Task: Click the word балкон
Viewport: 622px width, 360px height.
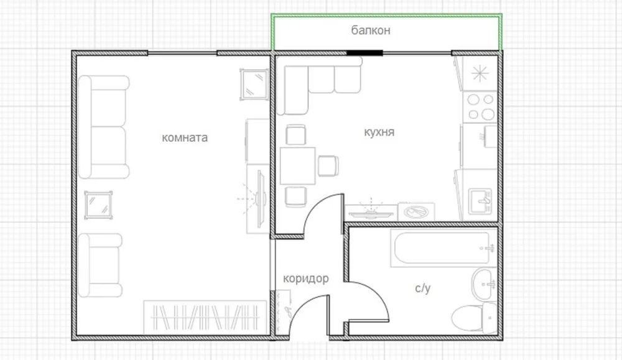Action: tap(371, 30)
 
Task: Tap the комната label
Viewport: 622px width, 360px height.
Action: tap(185, 137)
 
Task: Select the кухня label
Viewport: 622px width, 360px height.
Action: tap(379, 132)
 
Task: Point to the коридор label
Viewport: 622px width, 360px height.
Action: tap(306, 279)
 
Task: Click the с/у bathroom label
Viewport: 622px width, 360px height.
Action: tap(422, 288)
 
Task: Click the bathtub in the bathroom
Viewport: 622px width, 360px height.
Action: tap(443, 248)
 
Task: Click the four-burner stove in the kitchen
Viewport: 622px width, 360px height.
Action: tap(480, 107)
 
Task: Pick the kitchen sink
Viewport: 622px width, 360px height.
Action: tap(480, 201)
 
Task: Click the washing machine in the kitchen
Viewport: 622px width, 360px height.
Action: tap(416, 212)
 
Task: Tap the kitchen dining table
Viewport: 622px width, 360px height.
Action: tap(297, 166)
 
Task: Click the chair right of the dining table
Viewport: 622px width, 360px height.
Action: tap(328, 166)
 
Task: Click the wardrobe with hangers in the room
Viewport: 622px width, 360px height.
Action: tap(205, 317)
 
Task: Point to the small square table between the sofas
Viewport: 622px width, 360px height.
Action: tap(98, 205)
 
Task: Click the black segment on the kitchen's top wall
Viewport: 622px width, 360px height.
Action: tap(365, 53)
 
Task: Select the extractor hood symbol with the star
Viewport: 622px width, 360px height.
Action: tap(480, 73)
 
